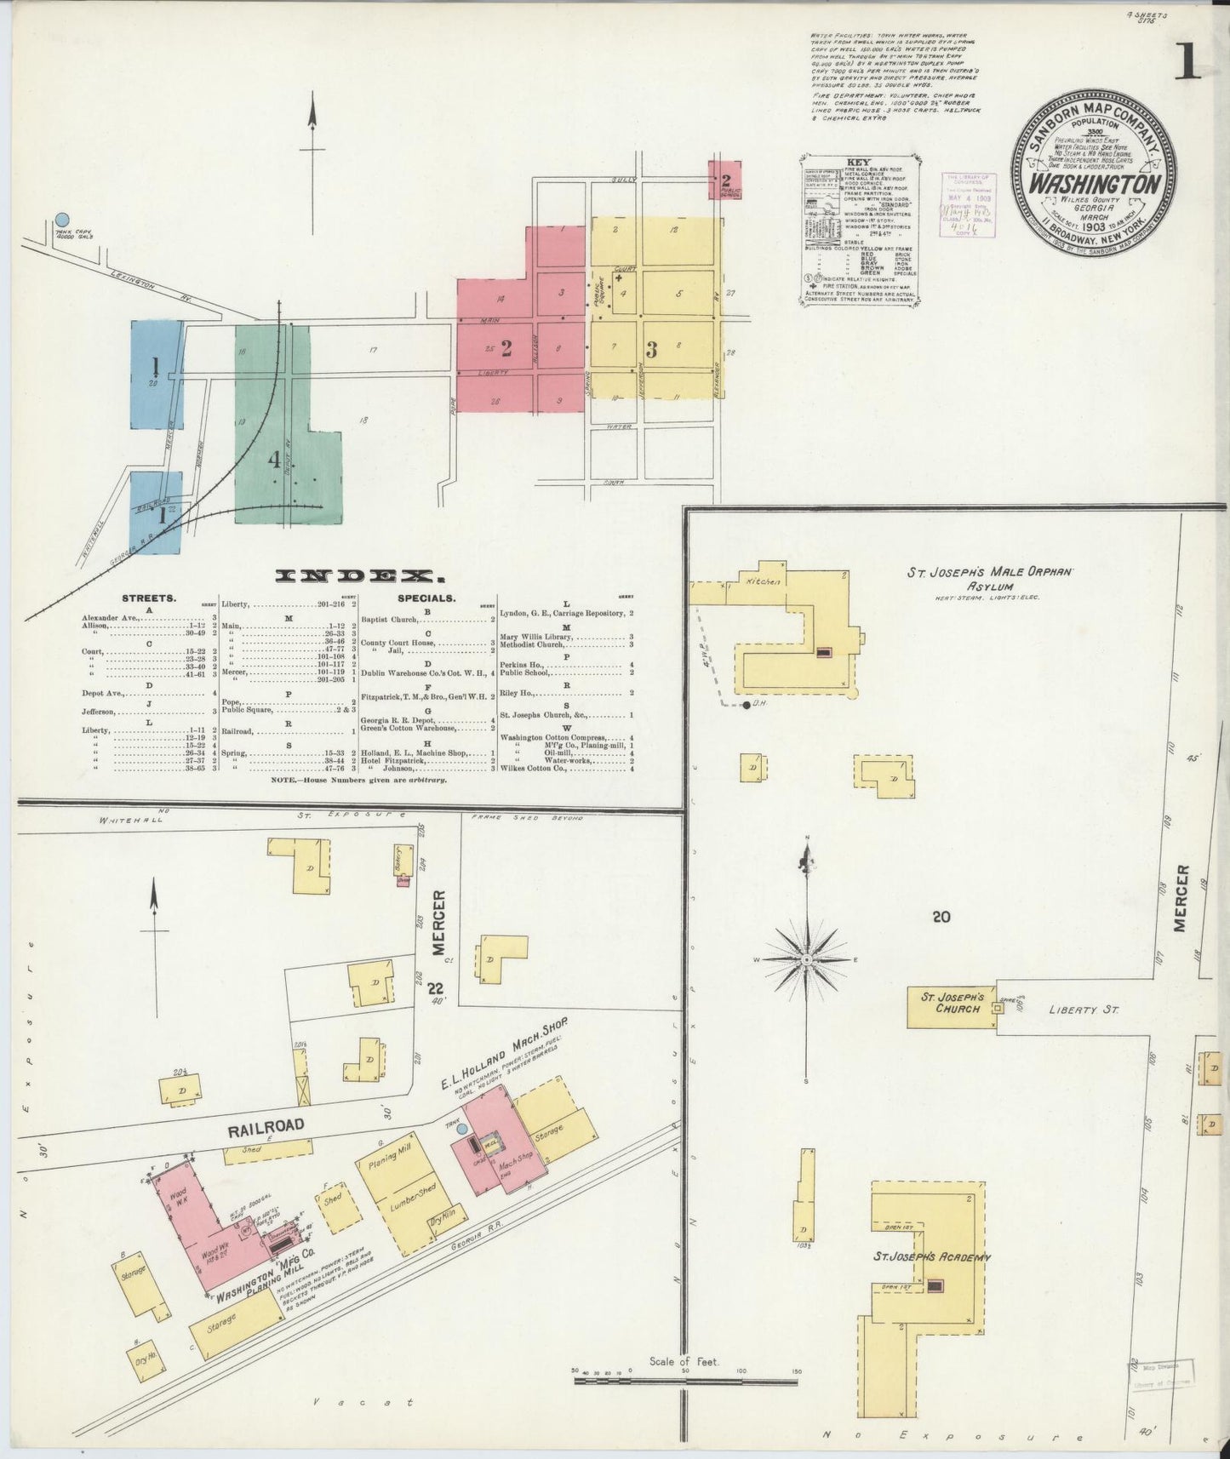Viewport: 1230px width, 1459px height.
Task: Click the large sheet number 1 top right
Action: [x=1187, y=60]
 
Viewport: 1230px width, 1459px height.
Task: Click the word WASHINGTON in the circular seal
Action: [x=1095, y=185]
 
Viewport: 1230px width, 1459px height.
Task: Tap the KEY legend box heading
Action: [x=861, y=161]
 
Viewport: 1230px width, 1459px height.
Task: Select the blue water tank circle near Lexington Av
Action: [x=61, y=220]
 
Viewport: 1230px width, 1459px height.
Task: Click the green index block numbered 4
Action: [x=274, y=461]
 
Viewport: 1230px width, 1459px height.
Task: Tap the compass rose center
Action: [x=806, y=959]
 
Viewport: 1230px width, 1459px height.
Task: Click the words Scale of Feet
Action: [x=684, y=1361]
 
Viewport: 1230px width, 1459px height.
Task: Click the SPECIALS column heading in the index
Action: [x=426, y=598]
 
